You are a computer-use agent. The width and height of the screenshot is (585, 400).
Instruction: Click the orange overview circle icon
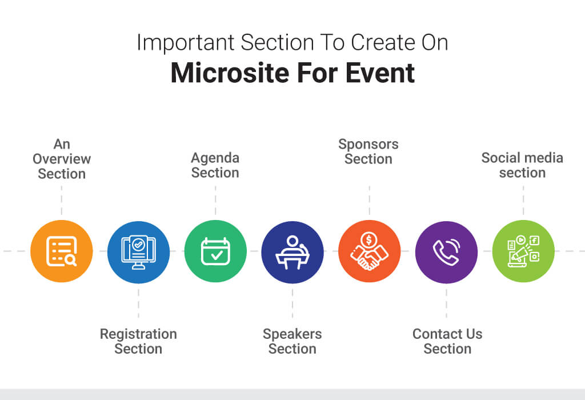pyautogui.click(x=62, y=251)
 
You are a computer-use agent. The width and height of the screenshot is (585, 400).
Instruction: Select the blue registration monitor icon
pyautogui.click(x=138, y=252)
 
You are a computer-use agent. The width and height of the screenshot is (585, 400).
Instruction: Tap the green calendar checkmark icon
pyautogui.click(x=215, y=251)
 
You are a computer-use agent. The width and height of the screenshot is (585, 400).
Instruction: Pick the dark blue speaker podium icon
pyautogui.click(x=292, y=252)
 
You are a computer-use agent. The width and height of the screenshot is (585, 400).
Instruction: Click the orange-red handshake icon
pyautogui.click(x=370, y=251)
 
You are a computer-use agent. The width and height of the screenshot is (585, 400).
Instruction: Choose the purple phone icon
pyautogui.click(x=446, y=252)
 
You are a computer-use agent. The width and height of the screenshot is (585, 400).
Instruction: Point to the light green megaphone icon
pyautogui.click(x=523, y=251)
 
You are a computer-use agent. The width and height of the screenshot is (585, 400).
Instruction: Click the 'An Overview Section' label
pyautogui.click(x=62, y=159)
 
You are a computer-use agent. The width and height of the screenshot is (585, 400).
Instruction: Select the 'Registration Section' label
pyautogui.click(x=138, y=341)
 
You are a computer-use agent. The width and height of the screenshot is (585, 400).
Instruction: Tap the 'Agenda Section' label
pyautogui.click(x=215, y=165)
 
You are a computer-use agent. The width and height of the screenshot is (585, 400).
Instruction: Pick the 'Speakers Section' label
pyautogui.click(x=292, y=341)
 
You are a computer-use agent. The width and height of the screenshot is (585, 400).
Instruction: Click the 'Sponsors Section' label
pyautogui.click(x=368, y=151)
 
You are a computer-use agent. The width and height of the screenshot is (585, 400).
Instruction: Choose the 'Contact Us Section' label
pyautogui.click(x=447, y=341)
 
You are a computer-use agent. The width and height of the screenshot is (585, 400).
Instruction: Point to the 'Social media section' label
pyautogui.click(x=522, y=165)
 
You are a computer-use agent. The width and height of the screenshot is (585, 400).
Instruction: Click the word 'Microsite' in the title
pyautogui.click(x=230, y=73)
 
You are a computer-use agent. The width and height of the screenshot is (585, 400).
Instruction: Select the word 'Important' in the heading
pyautogui.click(x=186, y=42)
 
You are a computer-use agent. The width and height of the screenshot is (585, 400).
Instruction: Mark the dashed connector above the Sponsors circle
pyautogui.click(x=370, y=200)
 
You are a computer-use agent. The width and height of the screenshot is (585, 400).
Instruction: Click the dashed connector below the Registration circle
pyautogui.click(x=138, y=303)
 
